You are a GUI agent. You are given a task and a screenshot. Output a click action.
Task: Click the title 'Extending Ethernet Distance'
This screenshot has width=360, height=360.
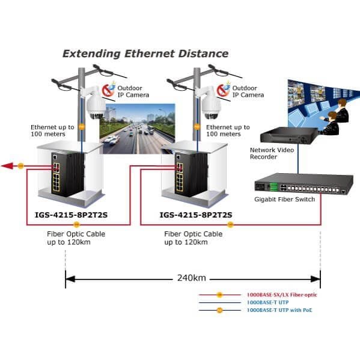[145, 53]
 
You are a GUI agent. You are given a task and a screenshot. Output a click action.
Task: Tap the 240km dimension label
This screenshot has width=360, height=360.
[192, 278]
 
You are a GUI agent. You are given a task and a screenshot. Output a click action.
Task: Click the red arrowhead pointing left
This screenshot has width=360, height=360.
[7, 166]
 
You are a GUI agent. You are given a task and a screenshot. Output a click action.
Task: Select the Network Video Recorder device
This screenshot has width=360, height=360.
[289, 135]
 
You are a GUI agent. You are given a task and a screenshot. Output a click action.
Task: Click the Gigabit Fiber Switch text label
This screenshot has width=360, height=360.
[284, 200]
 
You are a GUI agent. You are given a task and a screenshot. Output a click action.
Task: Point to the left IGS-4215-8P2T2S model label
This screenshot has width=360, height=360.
[71, 215]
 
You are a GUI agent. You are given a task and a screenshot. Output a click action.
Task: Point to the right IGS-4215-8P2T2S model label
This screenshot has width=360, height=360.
[196, 215]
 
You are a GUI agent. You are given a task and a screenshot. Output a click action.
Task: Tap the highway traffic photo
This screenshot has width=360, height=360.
[137, 129]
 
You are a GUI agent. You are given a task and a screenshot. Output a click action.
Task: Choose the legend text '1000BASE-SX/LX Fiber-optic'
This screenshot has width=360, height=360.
[282, 295]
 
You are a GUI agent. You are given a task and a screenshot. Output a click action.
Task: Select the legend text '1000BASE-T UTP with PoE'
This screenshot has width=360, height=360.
[279, 310]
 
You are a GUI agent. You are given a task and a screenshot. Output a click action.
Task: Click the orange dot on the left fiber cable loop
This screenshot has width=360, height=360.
[76, 225]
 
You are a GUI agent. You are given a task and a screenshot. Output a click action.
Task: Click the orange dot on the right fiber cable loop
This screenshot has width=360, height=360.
[230, 225]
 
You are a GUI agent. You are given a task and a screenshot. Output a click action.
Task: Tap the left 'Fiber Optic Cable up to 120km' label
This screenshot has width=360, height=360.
[76, 238]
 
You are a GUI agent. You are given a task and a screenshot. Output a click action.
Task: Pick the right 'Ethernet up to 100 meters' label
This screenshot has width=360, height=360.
[228, 130]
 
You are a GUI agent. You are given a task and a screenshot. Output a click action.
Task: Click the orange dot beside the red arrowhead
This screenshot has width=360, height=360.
[20, 166]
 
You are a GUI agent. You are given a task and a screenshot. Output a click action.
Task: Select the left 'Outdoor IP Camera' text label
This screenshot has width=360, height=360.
[133, 91]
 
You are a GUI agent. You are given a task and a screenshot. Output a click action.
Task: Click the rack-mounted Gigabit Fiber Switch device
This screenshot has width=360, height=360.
[304, 185]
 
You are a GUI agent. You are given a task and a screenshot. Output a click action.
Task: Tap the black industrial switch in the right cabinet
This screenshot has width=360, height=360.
[191, 174]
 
